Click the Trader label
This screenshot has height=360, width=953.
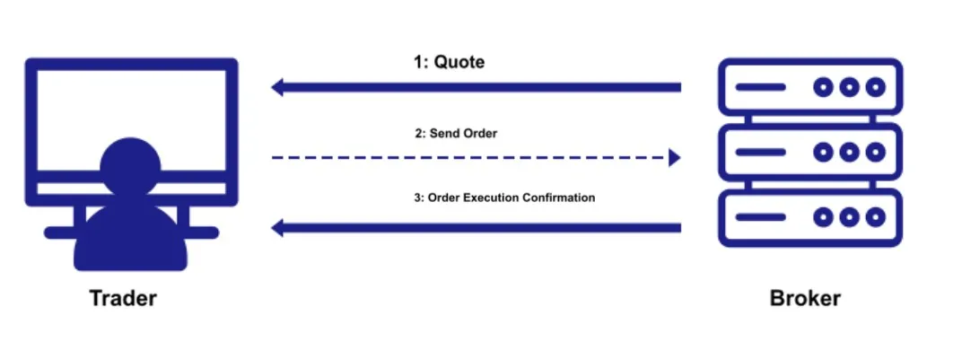click(123, 299)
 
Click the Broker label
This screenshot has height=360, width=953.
click(805, 299)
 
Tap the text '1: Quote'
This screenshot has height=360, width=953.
click(450, 63)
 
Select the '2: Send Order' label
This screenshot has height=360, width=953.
click(456, 134)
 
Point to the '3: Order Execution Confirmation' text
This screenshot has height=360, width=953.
click(505, 198)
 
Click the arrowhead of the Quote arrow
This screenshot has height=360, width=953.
click(278, 87)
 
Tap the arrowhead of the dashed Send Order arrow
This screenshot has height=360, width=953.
click(674, 158)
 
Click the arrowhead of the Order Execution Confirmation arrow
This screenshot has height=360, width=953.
click(278, 228)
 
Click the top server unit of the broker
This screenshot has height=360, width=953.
click(810, 87)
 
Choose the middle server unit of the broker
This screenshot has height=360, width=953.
click(810, 152)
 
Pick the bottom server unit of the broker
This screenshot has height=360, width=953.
click(810, 217)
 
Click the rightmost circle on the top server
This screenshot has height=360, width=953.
click(875, 87)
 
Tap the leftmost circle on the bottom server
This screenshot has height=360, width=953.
click(823, 217)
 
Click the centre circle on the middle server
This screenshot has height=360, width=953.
click(849, 152)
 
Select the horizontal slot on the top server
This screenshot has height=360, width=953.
click(760, 87)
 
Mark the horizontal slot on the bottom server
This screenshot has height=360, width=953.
click(760, 217)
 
